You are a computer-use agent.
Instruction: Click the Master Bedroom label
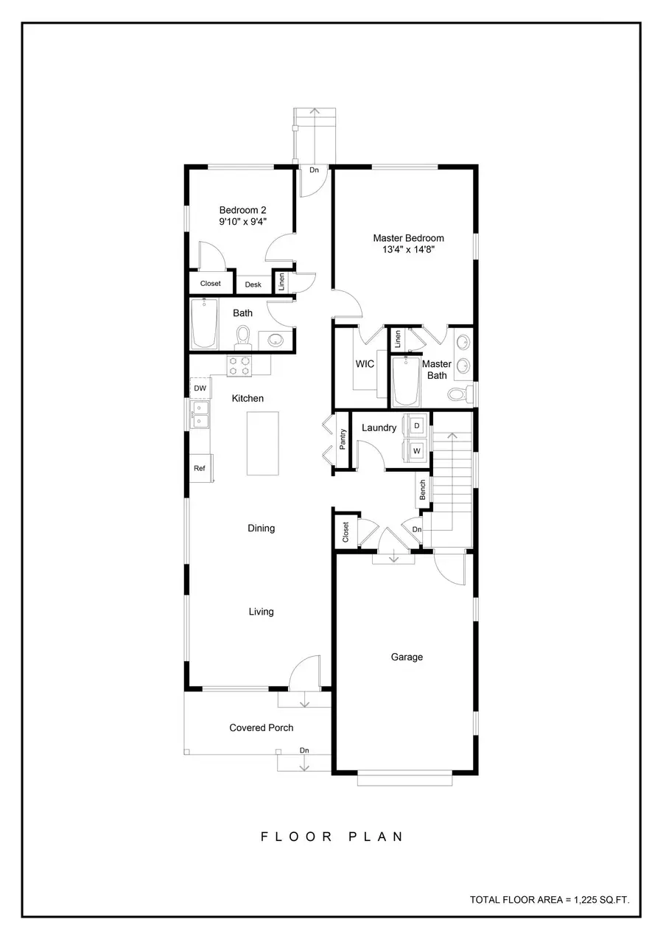click(x=408, y=238)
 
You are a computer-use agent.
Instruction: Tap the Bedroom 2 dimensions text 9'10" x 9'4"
click(x=242, y=221)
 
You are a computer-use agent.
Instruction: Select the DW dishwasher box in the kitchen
click(x=200, y=388)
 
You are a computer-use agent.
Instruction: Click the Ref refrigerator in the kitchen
click(x=200, y=468)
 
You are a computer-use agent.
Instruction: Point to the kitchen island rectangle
click(x=263, y=443)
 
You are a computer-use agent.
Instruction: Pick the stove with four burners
click(x=239, y=366)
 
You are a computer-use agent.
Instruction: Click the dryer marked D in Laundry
click(x=417, y=426)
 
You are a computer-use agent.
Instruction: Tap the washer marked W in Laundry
click(x=417, y=450)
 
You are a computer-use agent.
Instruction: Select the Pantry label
click(x=343, y=439)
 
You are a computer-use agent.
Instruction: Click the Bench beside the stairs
click(x=423, y=490)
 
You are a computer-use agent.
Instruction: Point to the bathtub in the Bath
click(x=204, y=324)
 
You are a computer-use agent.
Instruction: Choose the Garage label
click(x=407, y=657)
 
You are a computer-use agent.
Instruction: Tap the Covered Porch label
click(x=261, y=727)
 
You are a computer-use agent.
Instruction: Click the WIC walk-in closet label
click(x=365, y=364)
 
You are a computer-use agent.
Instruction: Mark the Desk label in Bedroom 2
click(x=253, y=285)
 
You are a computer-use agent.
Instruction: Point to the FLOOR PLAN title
click(x=332, y=837)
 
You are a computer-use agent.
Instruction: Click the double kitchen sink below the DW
click(x=200, y=415)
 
